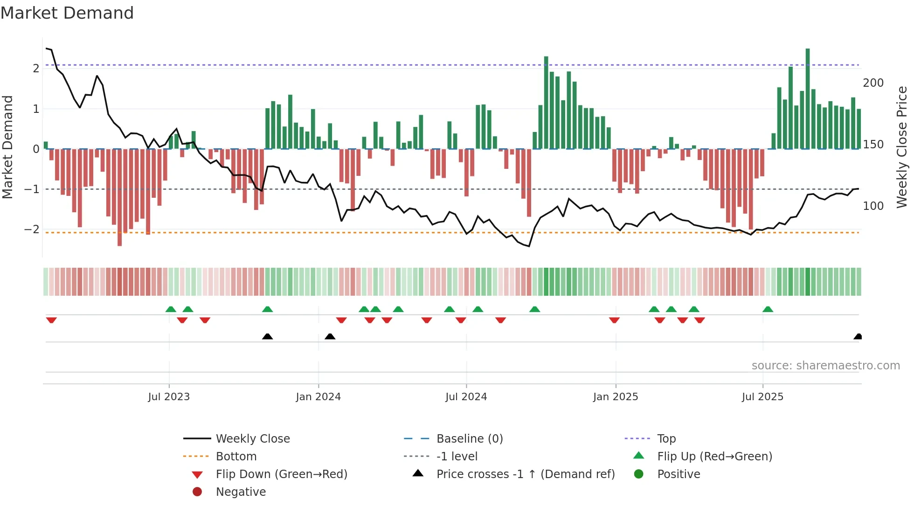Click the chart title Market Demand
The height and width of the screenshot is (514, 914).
pos(67,13)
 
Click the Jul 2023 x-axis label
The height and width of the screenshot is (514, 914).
pos(169,397)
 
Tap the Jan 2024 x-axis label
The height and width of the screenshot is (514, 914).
pos(319,397)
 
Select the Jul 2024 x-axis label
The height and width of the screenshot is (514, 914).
pos(466,397)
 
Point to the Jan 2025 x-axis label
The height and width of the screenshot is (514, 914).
pos(616,397)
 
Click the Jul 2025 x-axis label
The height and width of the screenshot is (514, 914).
pos(763,397)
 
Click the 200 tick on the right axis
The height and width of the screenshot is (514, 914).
pos(873,83)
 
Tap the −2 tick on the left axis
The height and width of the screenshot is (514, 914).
pos(32,229)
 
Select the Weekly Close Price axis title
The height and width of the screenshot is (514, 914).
pos(902,147)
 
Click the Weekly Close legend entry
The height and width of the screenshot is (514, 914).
pos(253,439)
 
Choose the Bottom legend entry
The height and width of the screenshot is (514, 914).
pos(236,457)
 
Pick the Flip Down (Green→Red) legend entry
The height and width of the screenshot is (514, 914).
pos(281,474)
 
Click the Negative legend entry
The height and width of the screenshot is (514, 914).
pos(241,492)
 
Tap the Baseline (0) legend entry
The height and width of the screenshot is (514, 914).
pos(470,439)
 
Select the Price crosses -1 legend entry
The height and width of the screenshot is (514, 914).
pos(526,474)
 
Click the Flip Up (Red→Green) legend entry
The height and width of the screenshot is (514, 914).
pos(714,457)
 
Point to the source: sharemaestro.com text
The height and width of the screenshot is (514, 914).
pos(825,366)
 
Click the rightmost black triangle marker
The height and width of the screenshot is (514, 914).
pos(858,337)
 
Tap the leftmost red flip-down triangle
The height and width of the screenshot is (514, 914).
pos(51,320)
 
